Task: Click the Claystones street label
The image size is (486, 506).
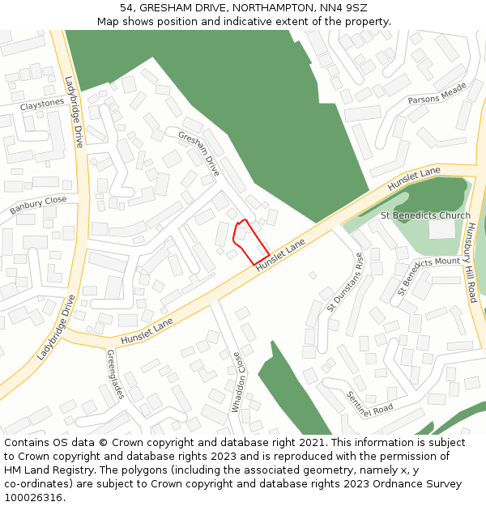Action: pos(42,104)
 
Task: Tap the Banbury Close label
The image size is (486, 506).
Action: pos(38,206)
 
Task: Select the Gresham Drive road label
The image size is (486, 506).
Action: pos(198,153)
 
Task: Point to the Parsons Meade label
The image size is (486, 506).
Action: pos(437,93)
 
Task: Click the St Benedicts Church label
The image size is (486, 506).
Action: pos(425,215)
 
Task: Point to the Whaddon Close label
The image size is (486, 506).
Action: pos(237,382)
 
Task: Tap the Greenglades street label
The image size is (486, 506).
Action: pos(115,374)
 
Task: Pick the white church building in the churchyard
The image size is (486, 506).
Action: pos(441,229)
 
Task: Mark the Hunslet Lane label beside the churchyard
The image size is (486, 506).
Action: pos(413,179)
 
